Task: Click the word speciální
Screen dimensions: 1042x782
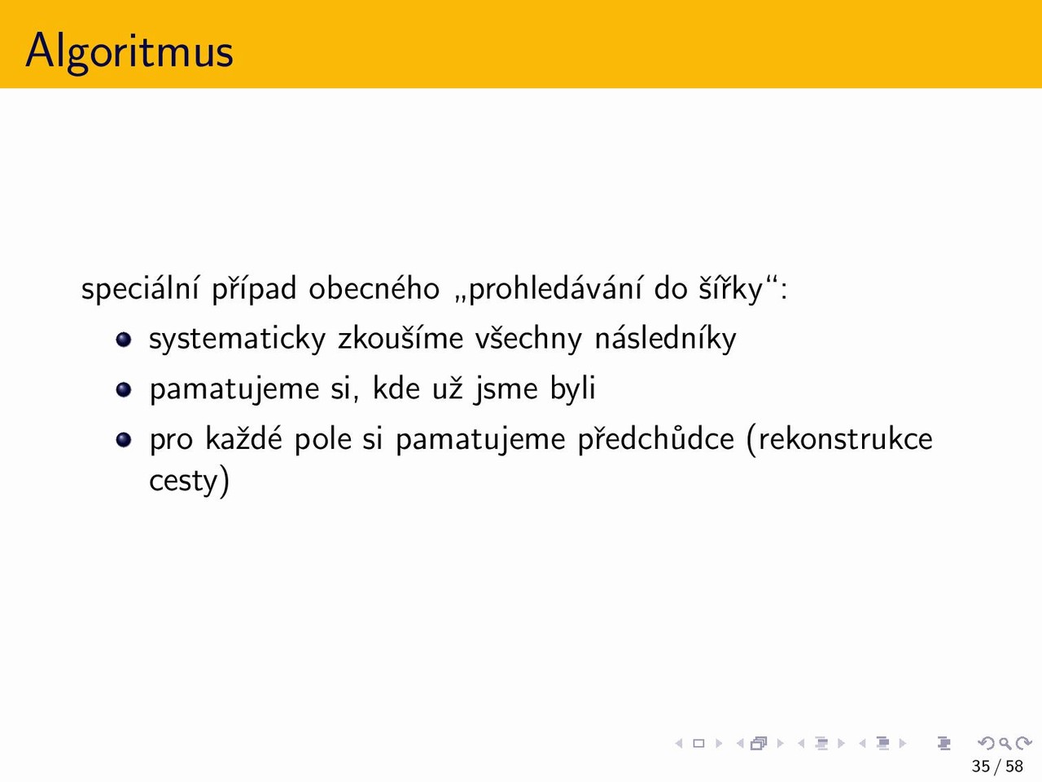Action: pyautogui.click(x=140, y=288)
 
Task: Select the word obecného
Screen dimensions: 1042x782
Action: pyautogui.click(x=374, y=288)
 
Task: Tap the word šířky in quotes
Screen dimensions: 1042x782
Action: pyautogui.click(x=730, y=288)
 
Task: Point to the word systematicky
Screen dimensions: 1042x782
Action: pyautogui.click(x=238, y=340)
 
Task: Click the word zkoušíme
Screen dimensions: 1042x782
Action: pyautogui.click(x=401, y=338)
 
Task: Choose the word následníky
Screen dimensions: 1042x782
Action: pyautogui.click(x=666, y=339)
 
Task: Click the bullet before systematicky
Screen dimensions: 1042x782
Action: pyautogui.click(x=124, y=340)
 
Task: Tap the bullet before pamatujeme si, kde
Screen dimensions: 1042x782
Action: pyautogui.click(x=124, y=390)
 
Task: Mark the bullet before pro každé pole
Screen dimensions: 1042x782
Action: pyautogui.click(x=124, y=440)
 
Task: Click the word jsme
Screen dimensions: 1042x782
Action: pyautogui.click(x=506, y=389)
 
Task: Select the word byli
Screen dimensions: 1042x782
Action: pyautogui.click(x=572, y=389)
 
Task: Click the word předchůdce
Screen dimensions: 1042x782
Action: pyautogui.click(x=655, y=439)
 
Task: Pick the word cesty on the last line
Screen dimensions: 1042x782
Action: pyautogui.click(x=183, y=481)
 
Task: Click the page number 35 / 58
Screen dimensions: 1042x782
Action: pyautogui.click(x=997, y=766)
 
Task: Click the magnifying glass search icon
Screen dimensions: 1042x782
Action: pyautogui.click(x=1005, y=743)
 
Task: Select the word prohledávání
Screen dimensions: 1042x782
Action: pyautogui.click(x=555, y=288)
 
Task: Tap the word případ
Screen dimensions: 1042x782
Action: pyautogui.click(x=254, y=288)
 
